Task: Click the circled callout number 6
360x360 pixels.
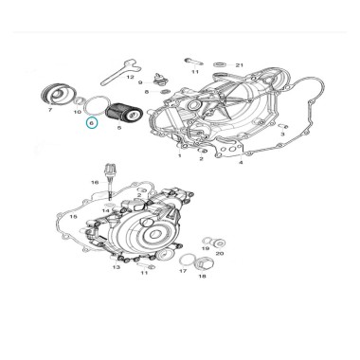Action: (x=92, y=122)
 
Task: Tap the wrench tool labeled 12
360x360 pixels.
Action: (x=120, y=72)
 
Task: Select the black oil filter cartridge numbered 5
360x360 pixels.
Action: (x=125, y=114)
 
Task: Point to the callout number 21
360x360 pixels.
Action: (x=240, y=65)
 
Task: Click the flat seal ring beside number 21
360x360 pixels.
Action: (x=221, y=64)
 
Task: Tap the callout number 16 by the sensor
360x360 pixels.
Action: (x=95, y=182)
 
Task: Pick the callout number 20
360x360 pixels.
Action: (x=220, y=253)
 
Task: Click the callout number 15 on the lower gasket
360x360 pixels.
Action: (x=73, y=217)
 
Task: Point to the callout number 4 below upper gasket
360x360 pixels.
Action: (x=241, y=162)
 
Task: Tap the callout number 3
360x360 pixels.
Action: (x=282, y=134)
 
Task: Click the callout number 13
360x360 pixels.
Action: (x=117, y=267)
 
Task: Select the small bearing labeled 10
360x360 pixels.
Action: (x=78, y=101)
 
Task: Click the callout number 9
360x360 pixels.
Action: (x=140, y=82)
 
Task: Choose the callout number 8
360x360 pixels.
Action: (x=147, y=92)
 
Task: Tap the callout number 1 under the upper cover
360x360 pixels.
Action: (x=180, y=155)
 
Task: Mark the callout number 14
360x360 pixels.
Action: (x=106, y=210)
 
